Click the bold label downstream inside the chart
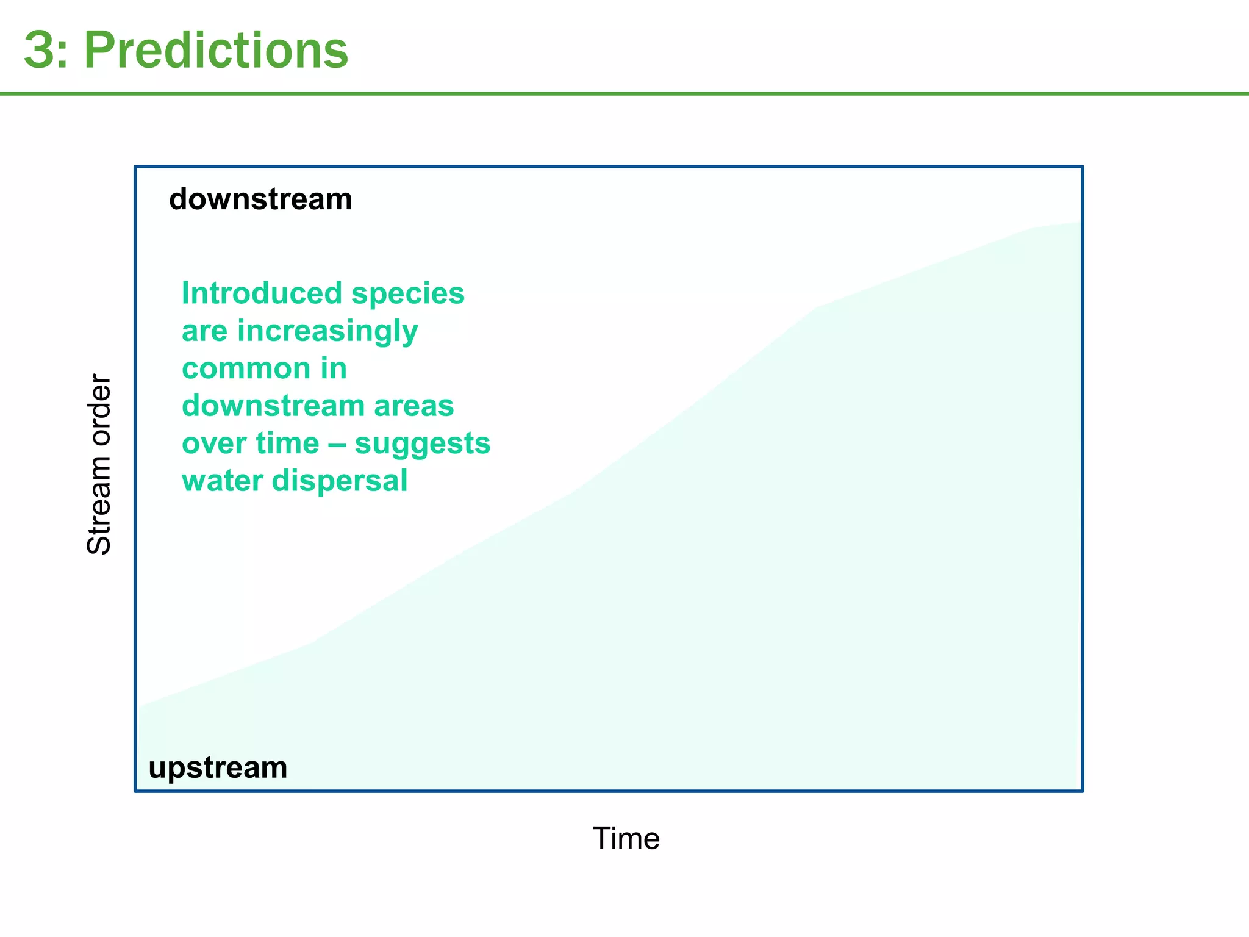click(x=260, y=199)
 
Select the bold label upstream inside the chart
click(x=218, y=767)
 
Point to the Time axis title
click(x=626, y=838)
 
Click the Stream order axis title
click(x=99, y=464)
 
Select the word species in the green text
click(x=408, y=293)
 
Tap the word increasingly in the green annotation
click(x=327, y=332)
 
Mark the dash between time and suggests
click(x=337, y=443)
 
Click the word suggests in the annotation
click(x=423, y=444)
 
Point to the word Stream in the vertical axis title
click(x=99, y=506)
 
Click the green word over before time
click(x=211, y=443)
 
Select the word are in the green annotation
click(x=204, y=332)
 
